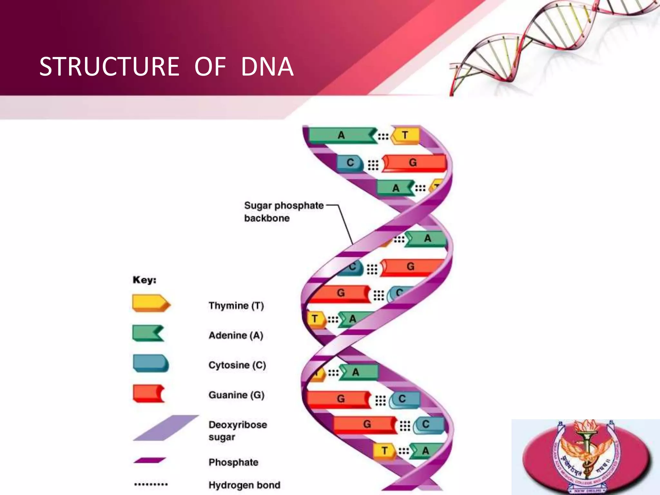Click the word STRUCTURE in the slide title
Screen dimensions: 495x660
pyautogui.click(x=109, y=67)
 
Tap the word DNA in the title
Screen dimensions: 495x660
pyautogui.click(x=267, y=67)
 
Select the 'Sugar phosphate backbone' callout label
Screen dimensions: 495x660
pyautogui.click(x=284, y=212)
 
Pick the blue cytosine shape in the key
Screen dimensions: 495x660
pyautogui.click(x=150, y=363)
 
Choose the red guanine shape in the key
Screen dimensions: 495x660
pyautogui.click(x=148, y=393)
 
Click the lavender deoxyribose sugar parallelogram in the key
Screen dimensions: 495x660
pyautogui.click(x=166, y=428)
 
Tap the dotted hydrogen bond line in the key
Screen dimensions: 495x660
pyautogui.click(x=151, y=484)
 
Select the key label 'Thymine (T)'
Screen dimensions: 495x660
pyautogui.click(x=236, y=306)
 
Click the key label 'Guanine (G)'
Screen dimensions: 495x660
pyautogui.click(x=236, y=395)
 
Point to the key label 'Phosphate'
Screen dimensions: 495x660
pyautogui.click(x=233, y=462)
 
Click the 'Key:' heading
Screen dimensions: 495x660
pyautogui.click(x=144, y=280)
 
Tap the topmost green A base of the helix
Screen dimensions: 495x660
pyautogui.click(x=341, y=135)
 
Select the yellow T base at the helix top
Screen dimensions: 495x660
pyautogui.click(x=405, y=135)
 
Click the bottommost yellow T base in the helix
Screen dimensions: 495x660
pyautogui.click(x=384, y=450)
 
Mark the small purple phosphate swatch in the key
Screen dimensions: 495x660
pyautogui.click(x=150, y=460)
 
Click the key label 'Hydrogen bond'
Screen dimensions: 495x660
pyautogui.click(x=244, y=485)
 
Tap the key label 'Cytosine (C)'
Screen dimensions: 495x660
pyautogui.click(x=237, y=365)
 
